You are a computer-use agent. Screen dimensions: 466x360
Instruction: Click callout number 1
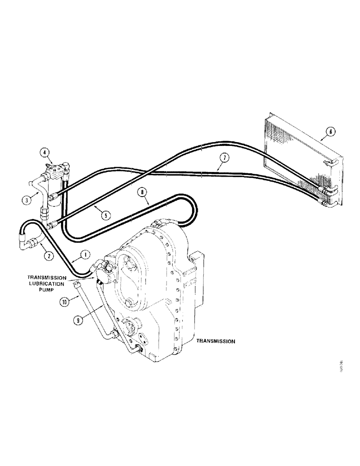85,254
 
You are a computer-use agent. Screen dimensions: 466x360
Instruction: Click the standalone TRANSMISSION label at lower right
215,341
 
